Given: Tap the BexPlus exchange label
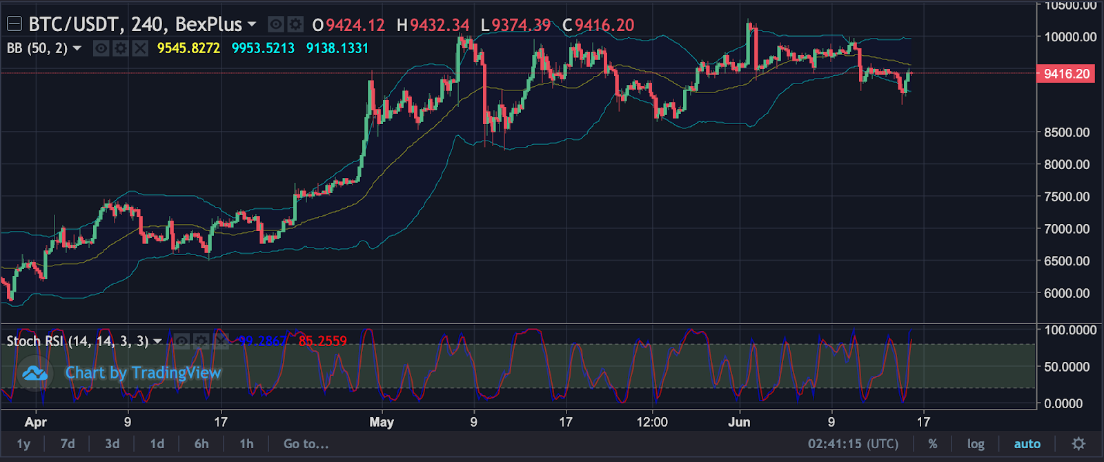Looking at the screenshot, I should (208, 25).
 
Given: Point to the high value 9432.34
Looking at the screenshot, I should (440, 26).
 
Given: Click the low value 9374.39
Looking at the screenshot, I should (521, 26).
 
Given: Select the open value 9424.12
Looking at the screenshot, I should (355, 26).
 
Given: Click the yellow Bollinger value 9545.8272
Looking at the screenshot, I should (188, 48).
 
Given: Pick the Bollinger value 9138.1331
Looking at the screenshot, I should (337, 48).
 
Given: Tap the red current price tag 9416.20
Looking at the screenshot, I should (1066, 74).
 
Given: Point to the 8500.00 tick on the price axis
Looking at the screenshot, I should (1067, 132).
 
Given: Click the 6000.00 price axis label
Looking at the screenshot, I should (1067, 293).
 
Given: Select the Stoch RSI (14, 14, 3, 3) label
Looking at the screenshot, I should (77, 341).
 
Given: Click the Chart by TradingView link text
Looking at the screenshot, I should (143, 373).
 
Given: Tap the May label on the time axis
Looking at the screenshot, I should (382, 422).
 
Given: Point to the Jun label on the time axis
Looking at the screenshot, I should (739, 422).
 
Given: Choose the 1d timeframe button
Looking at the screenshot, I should (157, 444).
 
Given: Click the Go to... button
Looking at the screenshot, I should (306, 444).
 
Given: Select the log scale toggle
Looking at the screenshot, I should (976, 444).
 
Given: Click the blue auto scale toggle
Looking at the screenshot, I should (1027, 444).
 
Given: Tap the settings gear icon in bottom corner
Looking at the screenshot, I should (1078, 444).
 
